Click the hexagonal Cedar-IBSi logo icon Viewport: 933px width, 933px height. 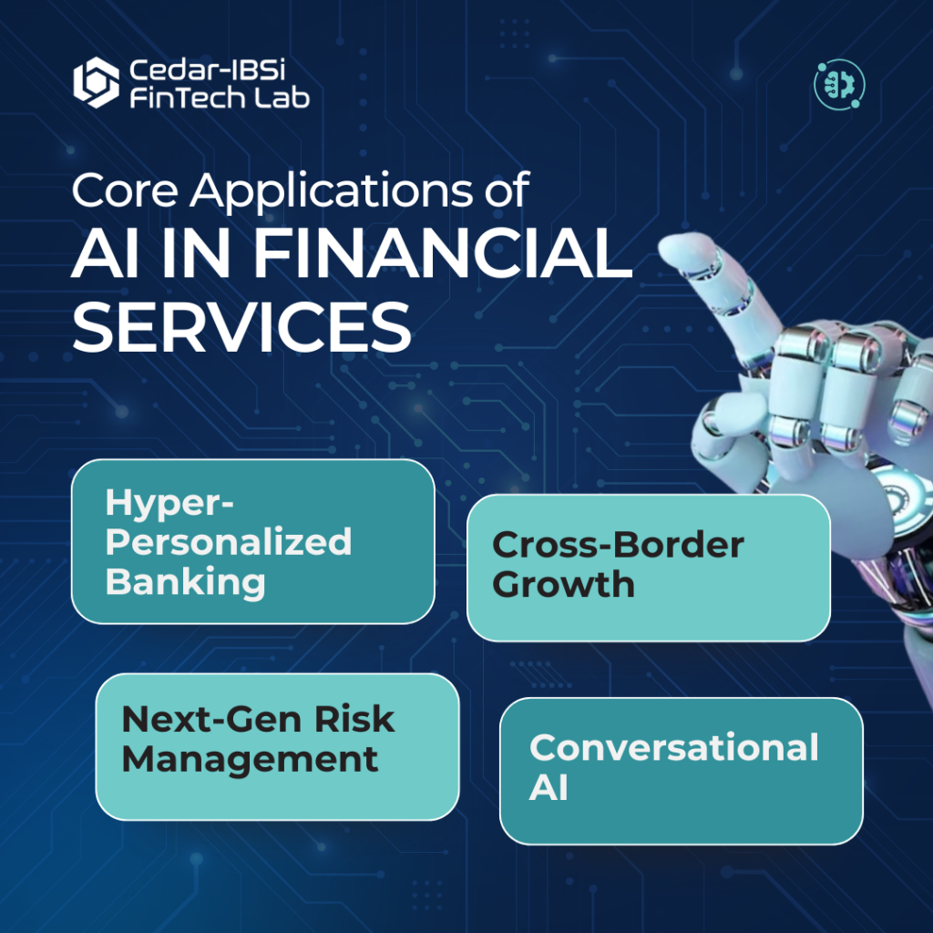pyautogui.click(x=96, y=83)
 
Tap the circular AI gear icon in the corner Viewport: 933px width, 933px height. pyautogui.click(x=839, y=85)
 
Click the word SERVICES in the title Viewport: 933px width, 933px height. pyautogui.click(x=241, y=326)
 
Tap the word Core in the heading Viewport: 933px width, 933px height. pyautogui.click(x=125, y=190)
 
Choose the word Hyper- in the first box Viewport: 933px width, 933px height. pyautogui.click(x=169, y=503)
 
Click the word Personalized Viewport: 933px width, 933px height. pyautogui.click(x=229, y=541)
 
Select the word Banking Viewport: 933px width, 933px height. pyautogui.click(x=185, y=582)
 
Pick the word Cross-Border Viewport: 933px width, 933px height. pyautogui.click(x=619, y=545)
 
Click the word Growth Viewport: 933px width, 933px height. pyautogui.click(x=563, y=584)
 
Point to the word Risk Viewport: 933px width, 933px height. pyautogui.click(x=354, y=720)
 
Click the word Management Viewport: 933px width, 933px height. pyautogui.click(x=250, y=759)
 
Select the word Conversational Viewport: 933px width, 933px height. pyautogui.click(x=674, y=747)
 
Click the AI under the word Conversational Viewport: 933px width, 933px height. pyautogui.click(x=548, y=787)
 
